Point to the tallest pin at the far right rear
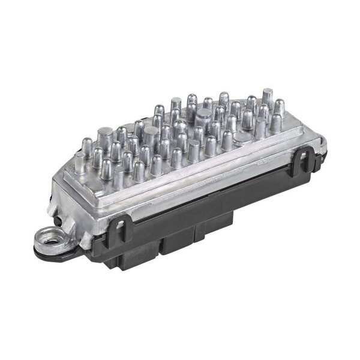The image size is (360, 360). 267,96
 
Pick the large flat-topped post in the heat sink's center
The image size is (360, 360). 203,115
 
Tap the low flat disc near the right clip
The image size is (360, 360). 243,138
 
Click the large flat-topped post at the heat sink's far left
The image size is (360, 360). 103,134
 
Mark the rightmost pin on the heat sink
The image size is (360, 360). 276,123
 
